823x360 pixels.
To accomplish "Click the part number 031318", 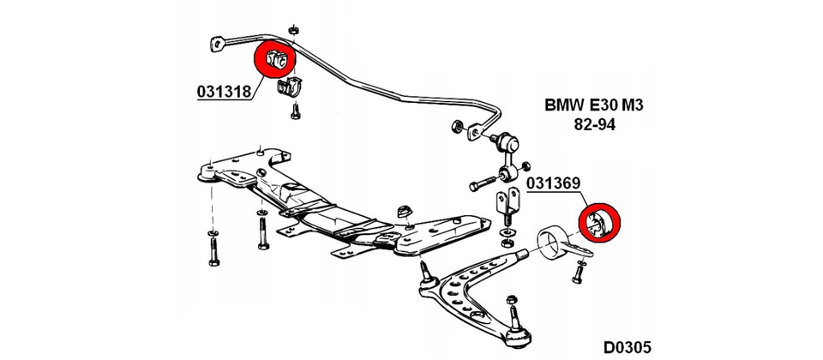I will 225,91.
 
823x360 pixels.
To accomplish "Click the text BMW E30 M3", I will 594,106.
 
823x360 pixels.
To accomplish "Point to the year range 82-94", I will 594,125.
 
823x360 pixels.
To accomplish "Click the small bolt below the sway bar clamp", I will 294,111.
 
